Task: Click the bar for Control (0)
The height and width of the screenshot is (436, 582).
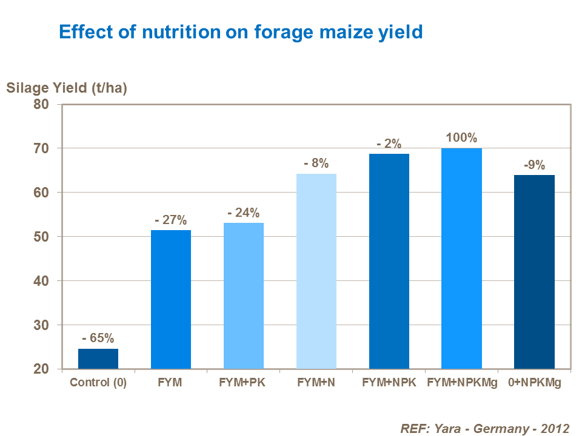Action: [98, 358]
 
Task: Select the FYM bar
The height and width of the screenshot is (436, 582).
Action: [171, 299]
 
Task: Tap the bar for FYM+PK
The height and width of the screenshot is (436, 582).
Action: [244, 296]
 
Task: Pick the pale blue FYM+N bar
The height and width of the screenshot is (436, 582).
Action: [316, 271]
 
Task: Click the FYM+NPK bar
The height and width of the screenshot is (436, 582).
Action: [389, 261]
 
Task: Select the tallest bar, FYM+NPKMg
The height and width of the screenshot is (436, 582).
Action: [461, 259]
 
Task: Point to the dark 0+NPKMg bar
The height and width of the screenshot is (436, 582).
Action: [534, 271]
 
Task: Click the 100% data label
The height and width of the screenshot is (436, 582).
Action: [461, 137]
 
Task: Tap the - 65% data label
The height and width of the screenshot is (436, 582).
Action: [98, 338]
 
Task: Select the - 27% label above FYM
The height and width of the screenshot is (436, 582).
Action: [171, 220]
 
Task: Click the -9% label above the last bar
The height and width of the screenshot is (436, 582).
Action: [534, 164]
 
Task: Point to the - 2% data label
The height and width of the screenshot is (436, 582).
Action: [389, 144]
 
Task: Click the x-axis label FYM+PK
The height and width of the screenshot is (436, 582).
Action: [244, 383]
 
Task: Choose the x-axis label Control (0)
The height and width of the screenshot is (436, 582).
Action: [98, 383]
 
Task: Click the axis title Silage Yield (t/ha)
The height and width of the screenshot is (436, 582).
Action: [67, 88]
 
